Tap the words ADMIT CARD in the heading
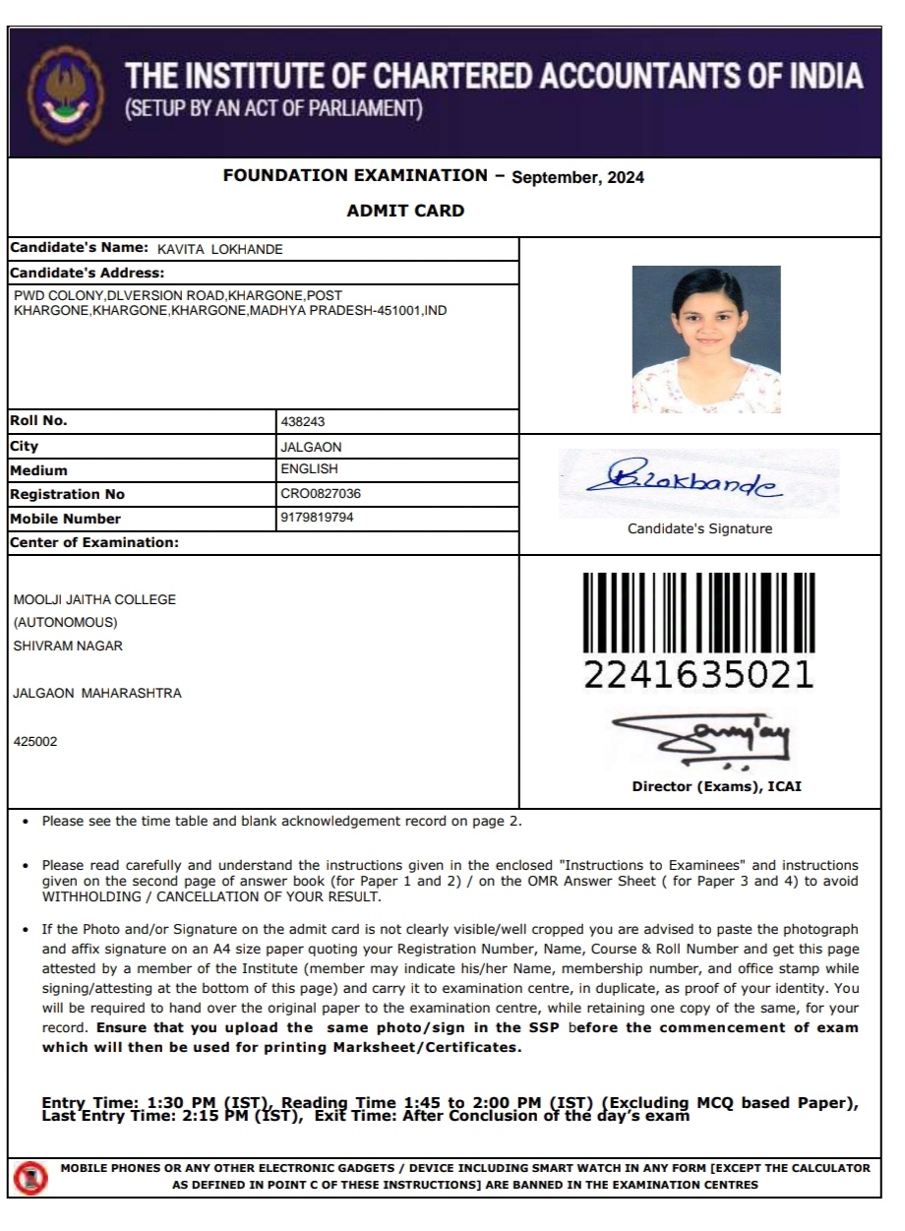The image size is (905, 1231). [x=405, y=211]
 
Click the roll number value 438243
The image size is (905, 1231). [x=303, y=421]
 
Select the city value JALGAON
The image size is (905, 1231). [x=311, y=447]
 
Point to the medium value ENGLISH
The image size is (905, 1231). [x=309, y=469]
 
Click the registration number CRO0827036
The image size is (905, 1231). [x=328, y=494]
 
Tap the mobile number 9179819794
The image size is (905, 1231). [x=317, y=518]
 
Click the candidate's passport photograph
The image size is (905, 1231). [x=705, y=339]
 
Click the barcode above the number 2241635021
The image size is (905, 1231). [x=698, y=613]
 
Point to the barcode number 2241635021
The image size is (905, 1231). [x=698, y=676]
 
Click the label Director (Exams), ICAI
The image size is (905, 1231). [x=716, y=787]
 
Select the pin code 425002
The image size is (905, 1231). [x=35, y=742]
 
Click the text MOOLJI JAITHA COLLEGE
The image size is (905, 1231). [x=94, y=600]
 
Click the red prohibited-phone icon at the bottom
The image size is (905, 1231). [x=30, y=1176]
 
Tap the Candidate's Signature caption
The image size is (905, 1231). [x=699, y=529]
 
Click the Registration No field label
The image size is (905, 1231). [x=67, y=494]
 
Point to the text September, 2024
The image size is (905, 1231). [x=578, y=178]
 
